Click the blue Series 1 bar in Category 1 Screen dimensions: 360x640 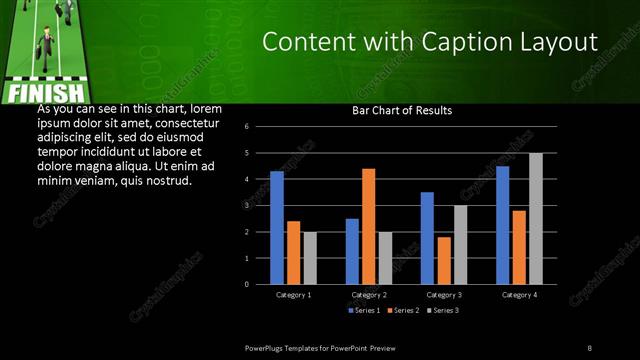[x=277, y=228]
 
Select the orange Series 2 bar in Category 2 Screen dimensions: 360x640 [x=368, y=227]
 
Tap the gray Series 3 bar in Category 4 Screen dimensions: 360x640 [x=535, y=219]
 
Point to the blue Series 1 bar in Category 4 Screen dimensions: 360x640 [x=502, y=225]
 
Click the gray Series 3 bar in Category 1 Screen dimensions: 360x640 [x=310, y=258]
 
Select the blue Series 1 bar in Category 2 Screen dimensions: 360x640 [x=352, y=251]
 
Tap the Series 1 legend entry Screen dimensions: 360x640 [x=361, y=310]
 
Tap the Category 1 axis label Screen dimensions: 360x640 [x=293, y=295]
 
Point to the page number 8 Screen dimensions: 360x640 [x=590, y=347]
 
